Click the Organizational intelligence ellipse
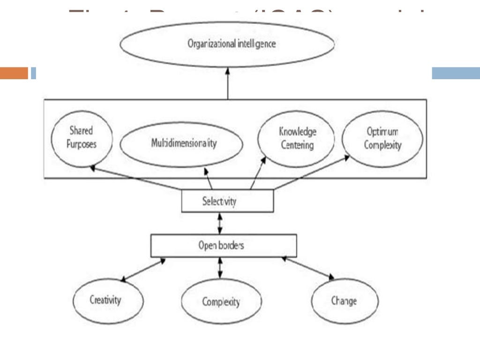pyautogui.click(x=227, y=44)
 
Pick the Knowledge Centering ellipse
pyautogui.click(x=296, y=138)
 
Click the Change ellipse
pyautogui.click(x=345, y=300)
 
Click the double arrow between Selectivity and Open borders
pyautogui.click(x=220, y=223)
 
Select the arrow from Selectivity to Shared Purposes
pyautogui.click(x=136, y=178)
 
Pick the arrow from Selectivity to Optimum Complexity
pyautogui.click(x=312, y=173)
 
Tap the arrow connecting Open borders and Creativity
pyautogui.click(x=143, y=270)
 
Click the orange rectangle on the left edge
pyautogui.click(x=14, y=73)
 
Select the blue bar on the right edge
pyautogui.click(x=455, y=73)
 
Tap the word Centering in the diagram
pyautogui.click(x=297, y=145)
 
